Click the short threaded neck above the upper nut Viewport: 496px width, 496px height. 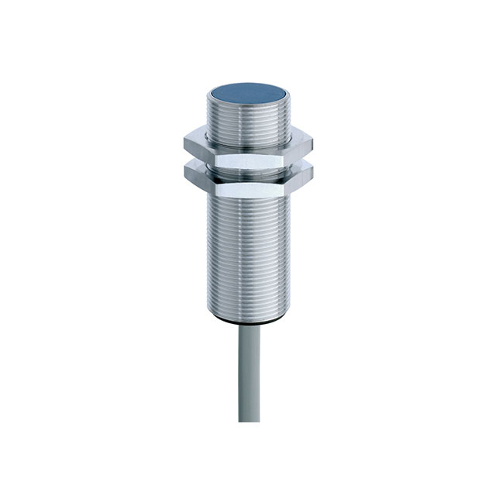coord(246,124)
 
